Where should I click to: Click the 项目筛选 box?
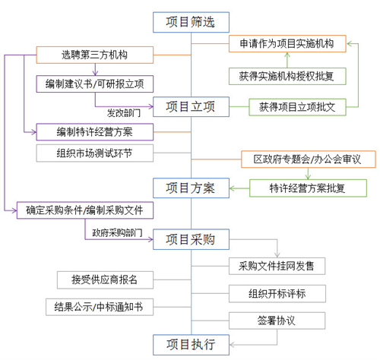[x=191, y=22]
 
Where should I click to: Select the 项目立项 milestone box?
[x=191, y=107]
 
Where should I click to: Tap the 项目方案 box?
[x=191, y=188]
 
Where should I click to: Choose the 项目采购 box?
[x=191, y=239]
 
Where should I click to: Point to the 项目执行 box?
[x=191, y=345]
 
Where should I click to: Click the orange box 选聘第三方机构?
[x=95, y=55]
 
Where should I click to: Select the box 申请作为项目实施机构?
[x=287, y=44]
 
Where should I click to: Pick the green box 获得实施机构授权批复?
[x=287, y=76]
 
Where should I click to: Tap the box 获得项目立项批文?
[x=297, y=107]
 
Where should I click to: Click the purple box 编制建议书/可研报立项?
[x=95, y=84]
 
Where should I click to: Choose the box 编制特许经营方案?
[x=95, y=132]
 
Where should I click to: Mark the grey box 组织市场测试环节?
[x=95, y=153]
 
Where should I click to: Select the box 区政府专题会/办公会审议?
[x=309, y=159]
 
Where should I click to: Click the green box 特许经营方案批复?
[x=308, y=188]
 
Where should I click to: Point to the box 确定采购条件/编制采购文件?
[x=85, y=210]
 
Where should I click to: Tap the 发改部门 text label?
[x=124, y=113]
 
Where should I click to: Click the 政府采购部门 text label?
[x=117, y=233]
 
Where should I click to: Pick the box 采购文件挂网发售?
[x=277, y=266]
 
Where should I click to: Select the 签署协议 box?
[x=277, y=321]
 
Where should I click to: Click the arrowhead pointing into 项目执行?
[x=232, y=345]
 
